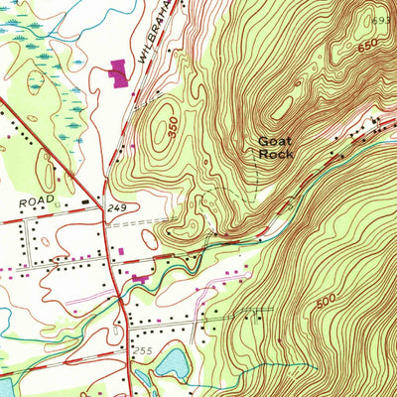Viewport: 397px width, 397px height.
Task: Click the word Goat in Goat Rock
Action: click(x=275, y=141)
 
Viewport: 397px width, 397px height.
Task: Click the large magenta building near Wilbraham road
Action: click(x=119, y=72)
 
